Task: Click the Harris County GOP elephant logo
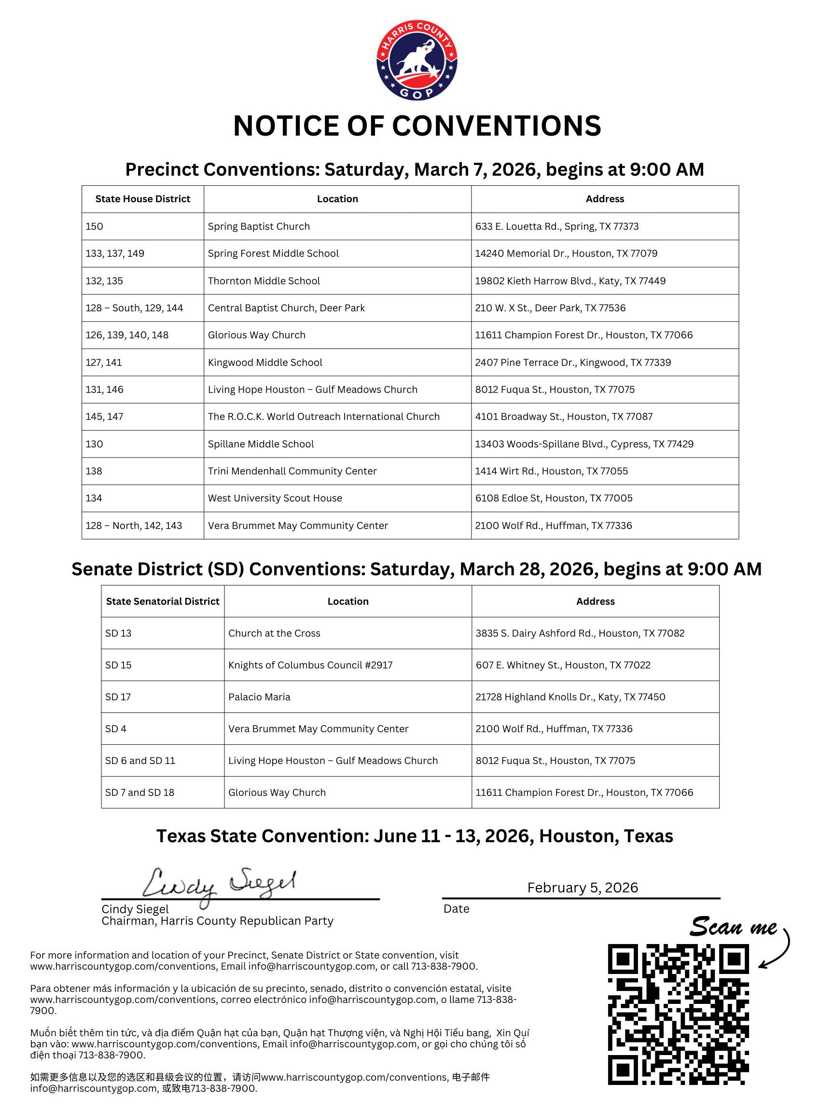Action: pyautogui.click(x=417, y=60)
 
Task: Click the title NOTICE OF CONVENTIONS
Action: pyautogui.click(x=417, y=125)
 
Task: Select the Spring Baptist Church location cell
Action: pyautogui.click(x=259, y=226)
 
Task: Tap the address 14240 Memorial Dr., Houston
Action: pyautogui.click(x=566, y=253)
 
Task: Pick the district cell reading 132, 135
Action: pyautogui.click(x=105, y=280)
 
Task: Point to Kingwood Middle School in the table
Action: pyautogui.click(x=265, y=362)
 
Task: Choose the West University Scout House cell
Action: pyautogui.click(x=275, y=498)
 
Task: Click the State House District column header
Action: pyautogui.click(x=143, y=199)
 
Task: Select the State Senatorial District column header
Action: pyautogui.click(x=162, y=601)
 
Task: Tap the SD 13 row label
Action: pyautogui.click(x=119, y=633)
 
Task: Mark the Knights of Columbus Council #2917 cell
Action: pyautogui.click(x=310, y=665)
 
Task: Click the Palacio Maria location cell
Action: pyautogui.click(x=259, y=697)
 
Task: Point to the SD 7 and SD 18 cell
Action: pyautogui.click(x=140, y=792)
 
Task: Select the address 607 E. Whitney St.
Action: pyautogui.click(x=563, y=665)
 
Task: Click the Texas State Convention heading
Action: pyautogui.click(x=414, y=836)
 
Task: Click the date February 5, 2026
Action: pyautogui.click(x=583, y=888)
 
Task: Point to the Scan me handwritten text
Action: pyautogui.click(x=733, y=926)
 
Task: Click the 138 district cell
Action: pyautogui.click(x=94, y=471)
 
